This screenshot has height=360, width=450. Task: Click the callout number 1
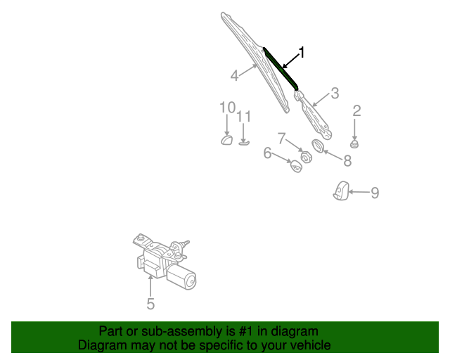coord(302,52)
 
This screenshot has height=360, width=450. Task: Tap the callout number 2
coord(356,110)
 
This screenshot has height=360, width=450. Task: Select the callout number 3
coord(335,92)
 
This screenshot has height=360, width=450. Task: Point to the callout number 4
coord(234,75)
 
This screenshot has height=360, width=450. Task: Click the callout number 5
coord(150,304)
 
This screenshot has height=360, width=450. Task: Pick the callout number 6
coord(267,153)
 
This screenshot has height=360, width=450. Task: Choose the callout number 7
coord(281,137)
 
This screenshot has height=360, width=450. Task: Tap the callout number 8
coord(347,161)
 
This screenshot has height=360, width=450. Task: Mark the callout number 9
coord(375,192)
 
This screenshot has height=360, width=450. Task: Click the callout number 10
coord(227,107)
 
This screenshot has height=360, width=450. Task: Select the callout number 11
coord(244,116)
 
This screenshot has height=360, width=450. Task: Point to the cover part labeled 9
coord(341,191)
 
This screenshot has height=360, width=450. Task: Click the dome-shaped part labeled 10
coord(227,140)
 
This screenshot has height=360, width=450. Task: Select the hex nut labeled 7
coord(306,155)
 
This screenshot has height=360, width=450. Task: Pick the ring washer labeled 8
coord(317,146)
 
